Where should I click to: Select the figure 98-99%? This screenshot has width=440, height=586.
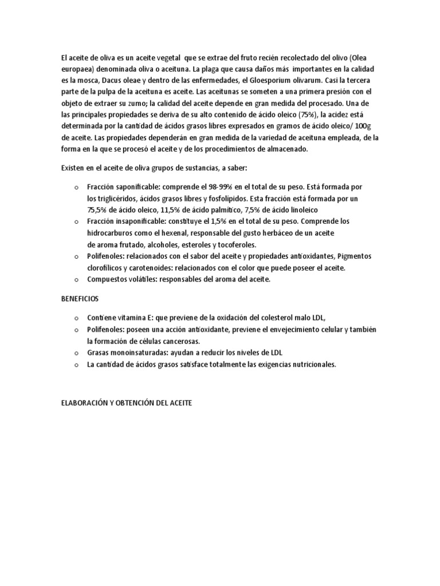pos(236,187)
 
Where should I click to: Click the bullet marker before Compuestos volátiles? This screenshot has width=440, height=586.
pos(76,280)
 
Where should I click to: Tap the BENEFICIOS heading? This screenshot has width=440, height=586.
pos(81,299)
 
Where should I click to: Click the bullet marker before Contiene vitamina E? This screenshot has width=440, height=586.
pos(76,318)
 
